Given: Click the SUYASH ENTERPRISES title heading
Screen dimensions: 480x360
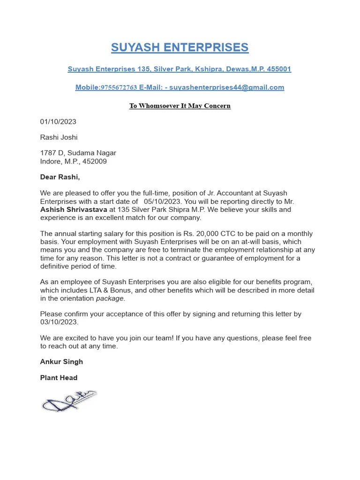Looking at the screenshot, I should (x=180, y=47).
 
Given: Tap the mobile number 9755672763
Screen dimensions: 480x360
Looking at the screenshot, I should (x=119, y=88).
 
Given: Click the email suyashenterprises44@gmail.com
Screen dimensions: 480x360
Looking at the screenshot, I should (x=226, y=88).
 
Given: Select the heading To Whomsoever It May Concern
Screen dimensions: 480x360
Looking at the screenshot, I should (x=180, y=106).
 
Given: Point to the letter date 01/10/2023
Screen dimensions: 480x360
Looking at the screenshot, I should (x=58, y=122).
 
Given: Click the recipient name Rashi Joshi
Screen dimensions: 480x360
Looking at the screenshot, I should (x=59, y=137).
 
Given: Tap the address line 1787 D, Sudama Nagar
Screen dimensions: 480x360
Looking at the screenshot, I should (x=78, y=153).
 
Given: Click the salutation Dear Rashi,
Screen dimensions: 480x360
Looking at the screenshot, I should (x=60, y=177).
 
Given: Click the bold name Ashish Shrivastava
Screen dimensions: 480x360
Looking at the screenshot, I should (x=74, y=210).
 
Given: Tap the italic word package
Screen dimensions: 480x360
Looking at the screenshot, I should (x=110, y=299).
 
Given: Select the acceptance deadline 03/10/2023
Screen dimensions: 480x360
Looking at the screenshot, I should (x=59, y=322).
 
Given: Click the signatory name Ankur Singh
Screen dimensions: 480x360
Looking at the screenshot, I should (x=61, y=362).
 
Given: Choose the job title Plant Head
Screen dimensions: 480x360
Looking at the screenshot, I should (x=59, y=378).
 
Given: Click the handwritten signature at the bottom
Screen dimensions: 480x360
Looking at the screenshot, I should (x=69, y=401).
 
